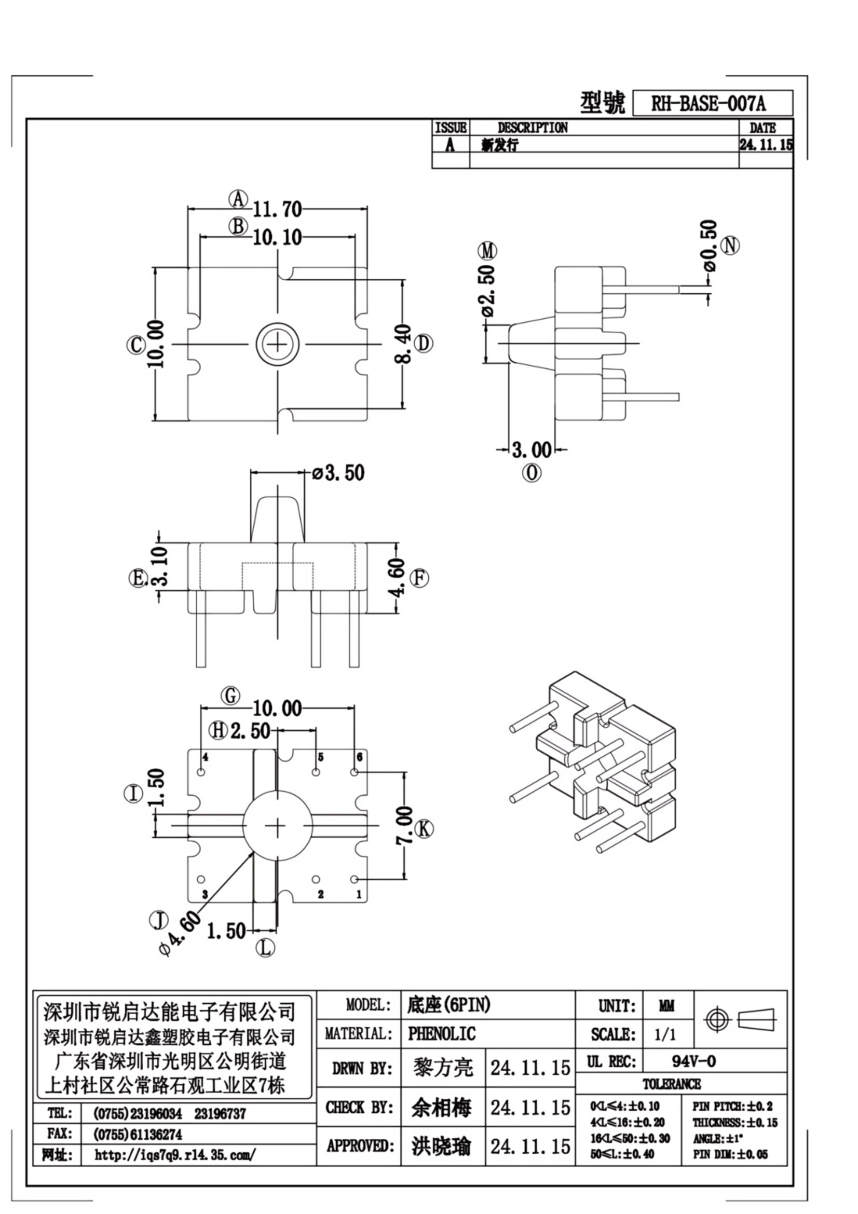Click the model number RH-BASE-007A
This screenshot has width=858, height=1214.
[x=709, y=104]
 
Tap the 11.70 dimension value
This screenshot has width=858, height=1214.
[x=277, y=209]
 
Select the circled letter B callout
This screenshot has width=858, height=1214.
[x=238, y=226]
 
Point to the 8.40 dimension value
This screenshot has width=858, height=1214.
[x=404, y=344]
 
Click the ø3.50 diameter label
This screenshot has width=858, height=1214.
[x=338, y=473]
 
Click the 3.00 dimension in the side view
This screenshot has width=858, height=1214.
[x=532, y=450]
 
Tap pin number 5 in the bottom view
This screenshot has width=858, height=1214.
[x=320, y=758]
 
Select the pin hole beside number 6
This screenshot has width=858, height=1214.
[x=354, y=772]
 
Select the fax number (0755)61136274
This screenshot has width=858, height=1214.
[x=138, y=1135]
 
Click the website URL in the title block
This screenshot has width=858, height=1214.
[x=175, y=1156]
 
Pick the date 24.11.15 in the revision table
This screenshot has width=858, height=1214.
[x=766, y=144]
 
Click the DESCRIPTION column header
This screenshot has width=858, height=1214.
[x=533, y=128]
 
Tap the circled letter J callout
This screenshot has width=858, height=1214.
[x=159, y=921]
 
